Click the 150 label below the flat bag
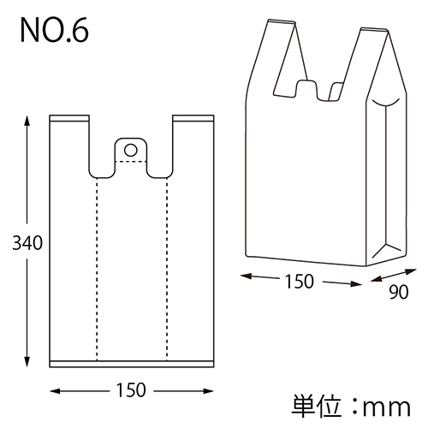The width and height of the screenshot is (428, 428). pos(129,389)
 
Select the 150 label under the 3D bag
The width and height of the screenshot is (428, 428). pos(299,280)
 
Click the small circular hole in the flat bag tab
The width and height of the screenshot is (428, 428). pos(131,150)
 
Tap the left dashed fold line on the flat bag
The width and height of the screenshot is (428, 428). pos(96,265)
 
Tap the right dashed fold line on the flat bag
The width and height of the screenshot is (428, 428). pos(166,265)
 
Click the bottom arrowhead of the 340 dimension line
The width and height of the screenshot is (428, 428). pos(27,363)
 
